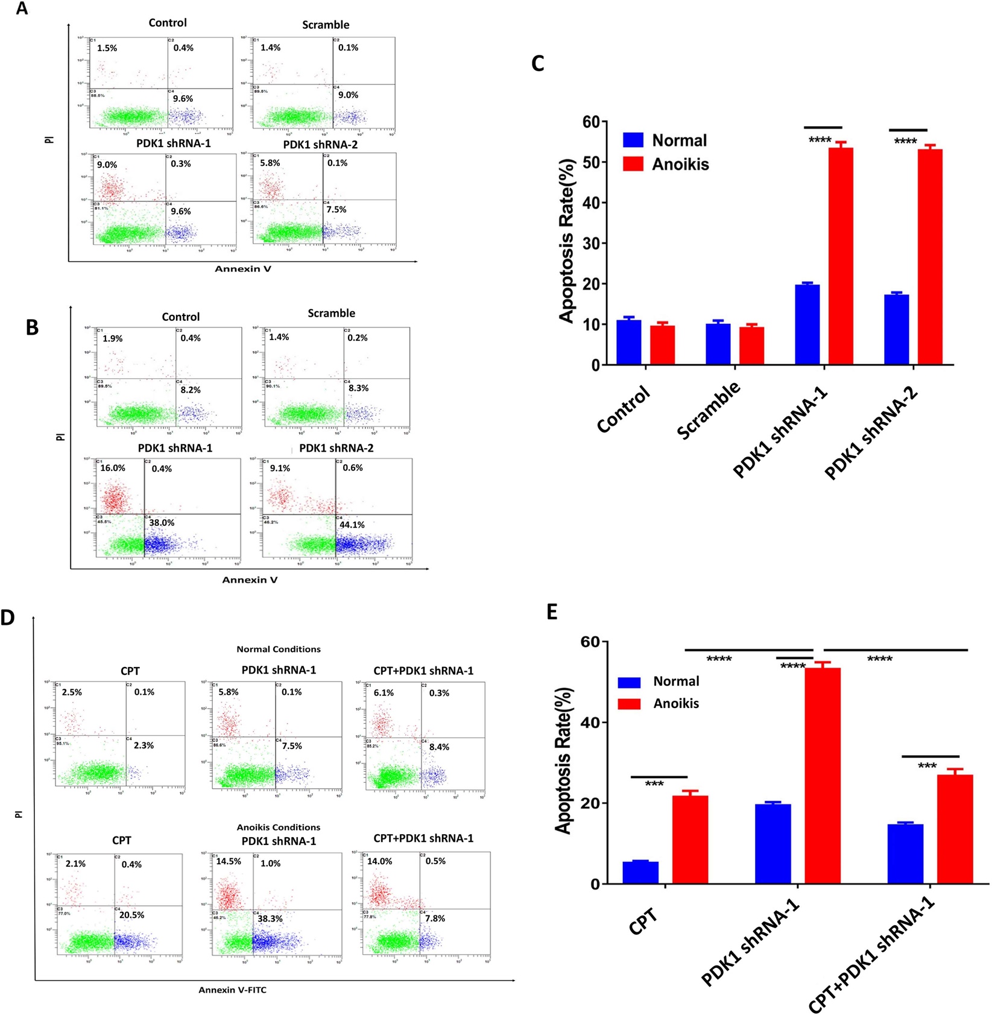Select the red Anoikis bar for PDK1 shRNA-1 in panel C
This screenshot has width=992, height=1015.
pyautogui.click(x=840, y=256)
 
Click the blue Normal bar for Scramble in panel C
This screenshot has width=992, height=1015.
pyautogui.click(x=718, y=344)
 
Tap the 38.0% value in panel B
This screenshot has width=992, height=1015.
pyautogui.click(x=162, y=523)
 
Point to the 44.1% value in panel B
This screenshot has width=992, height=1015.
pyautogui.click(x=352, y=525)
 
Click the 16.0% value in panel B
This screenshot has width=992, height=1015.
pyautogui.click(x=113, y=468)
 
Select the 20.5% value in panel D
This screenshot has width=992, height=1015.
pyautogui.click(x=131, y=915)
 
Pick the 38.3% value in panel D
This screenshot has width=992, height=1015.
pyautogui.click(x=270, y=919)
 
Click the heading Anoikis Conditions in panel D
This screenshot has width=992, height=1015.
pyautogui.click(x=278, y=827)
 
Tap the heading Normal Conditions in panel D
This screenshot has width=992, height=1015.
pyautogui.click(x=278, y=650)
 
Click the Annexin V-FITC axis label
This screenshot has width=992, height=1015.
pyautogui.click(x=232, y=990)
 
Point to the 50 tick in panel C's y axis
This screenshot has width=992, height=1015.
pyautogui.click(x=592, y=162)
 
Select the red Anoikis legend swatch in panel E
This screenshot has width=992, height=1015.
pyautogui.click(x=629, y=703)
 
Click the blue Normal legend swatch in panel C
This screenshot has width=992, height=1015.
pyautogui.click(x=633, y=141)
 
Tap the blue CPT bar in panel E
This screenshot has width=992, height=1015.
pyautogui.click(x=640, y=873)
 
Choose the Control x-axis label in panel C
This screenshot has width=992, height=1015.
pyautogui.click(x=624, y=409)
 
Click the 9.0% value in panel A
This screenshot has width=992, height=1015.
pyautogui.click(x=107, y=165)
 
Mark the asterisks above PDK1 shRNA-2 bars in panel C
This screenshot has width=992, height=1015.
pyautogui.click(x=905, y=142)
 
